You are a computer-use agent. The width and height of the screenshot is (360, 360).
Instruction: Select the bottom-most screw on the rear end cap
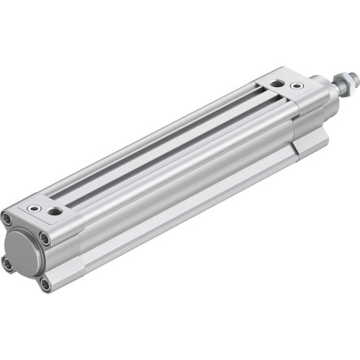coord(45,284)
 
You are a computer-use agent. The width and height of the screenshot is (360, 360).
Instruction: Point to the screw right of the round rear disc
coord(44,239)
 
